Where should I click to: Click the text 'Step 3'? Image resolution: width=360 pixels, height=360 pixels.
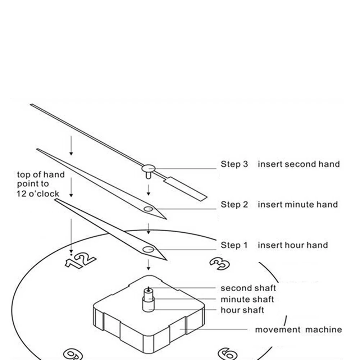(x=234, y=164)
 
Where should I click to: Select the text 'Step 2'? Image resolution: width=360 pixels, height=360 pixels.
(x=234, y=205)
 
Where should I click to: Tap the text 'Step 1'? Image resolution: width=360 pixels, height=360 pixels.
(x=234, y=245)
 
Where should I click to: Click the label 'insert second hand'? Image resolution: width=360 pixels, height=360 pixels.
(x=299, y=164)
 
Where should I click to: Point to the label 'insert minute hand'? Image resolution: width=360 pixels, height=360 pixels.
(x=298, y=205)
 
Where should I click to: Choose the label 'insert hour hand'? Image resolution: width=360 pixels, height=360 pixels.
(x=293, y=245)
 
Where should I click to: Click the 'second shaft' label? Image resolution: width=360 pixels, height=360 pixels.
(x=248, y=288)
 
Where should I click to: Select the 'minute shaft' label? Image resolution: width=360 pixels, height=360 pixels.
(x=247, y=299)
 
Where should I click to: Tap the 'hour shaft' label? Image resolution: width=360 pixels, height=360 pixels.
(x=242, y=310)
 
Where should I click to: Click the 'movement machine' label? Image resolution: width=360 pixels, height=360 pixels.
(x=299, y=329)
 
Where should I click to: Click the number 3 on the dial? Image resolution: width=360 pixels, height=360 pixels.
(x=219, y=264)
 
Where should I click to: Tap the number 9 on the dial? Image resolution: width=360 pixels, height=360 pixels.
(x=73, y=353)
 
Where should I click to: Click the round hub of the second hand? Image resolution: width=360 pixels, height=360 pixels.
(x=148, y=167)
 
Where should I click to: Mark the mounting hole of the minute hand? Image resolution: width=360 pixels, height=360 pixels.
(x=148, y=209)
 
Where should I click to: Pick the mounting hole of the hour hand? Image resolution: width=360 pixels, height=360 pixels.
(x=148, y=249)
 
